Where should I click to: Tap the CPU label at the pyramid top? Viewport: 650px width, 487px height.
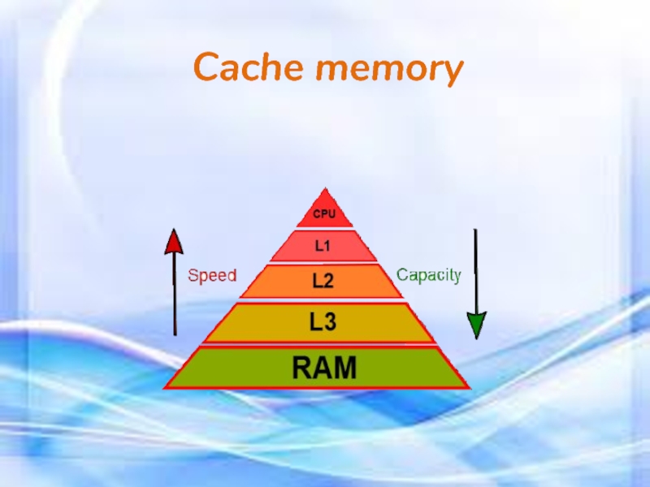(x=324, y=214)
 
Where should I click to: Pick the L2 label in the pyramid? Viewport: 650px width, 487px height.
(x=323, y=280)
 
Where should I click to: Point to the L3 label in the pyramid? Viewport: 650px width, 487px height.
(x=323, y=322)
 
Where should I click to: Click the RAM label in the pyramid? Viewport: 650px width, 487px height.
(x=323, y=368)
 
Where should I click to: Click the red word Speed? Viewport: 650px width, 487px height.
(x=212, y=275)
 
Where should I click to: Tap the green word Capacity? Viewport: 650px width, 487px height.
(x=428, y=275)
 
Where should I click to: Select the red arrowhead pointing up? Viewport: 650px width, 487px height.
(x=175, y=242)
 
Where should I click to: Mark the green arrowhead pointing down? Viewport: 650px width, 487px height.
(x=476, y=325)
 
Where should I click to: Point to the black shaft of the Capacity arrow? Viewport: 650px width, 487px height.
(x=476, y=268)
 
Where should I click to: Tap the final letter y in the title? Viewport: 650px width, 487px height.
(x=451, y=73)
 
